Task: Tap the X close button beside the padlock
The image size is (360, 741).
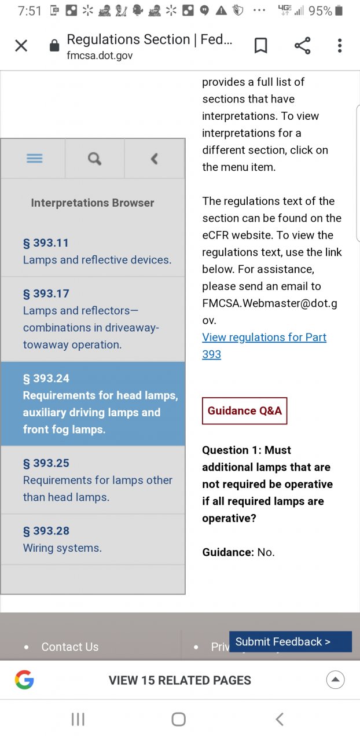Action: click(21, 46)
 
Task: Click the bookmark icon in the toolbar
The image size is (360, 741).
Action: click(261, 46)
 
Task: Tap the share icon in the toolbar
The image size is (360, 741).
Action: click(302, 46)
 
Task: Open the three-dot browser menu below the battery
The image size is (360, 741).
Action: click(340, 46)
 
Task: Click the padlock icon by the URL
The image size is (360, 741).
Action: click(54, 46)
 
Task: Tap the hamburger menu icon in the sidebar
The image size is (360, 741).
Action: click(35, 159)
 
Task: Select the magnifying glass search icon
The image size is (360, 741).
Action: click(94, 159)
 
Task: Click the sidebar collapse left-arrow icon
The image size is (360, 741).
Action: click(154, 159)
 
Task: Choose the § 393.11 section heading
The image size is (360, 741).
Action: click(46, 243)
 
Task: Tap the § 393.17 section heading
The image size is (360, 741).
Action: click(46, 294)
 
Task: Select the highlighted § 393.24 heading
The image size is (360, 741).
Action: click(46, 379)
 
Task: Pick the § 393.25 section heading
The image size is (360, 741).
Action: click(46, 463)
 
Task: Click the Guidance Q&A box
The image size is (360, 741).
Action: click(244, 411)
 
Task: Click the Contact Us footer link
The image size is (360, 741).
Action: click(70, 647)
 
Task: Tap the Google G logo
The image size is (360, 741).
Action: click(24, 680)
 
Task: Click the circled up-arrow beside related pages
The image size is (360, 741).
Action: click(336, 680)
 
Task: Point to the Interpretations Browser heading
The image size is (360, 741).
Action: click(93, 203)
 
